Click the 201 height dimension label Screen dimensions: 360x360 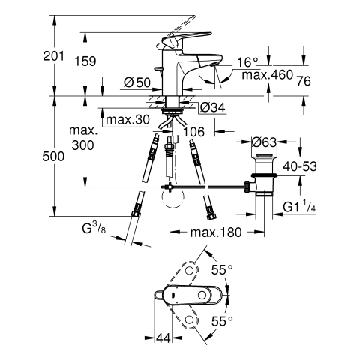pos(53,56)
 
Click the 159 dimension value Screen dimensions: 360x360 pos(85,61)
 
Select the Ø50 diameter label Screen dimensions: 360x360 pos(137,82)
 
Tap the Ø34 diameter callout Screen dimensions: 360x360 pos(213,107)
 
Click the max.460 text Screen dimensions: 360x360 pos(267,74)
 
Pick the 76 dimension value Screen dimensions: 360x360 pos(304,81)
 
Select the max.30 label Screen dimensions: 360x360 pos(127,119)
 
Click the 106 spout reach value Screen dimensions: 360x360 pos(193,132)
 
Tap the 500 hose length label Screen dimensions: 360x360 pos(53,157)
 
